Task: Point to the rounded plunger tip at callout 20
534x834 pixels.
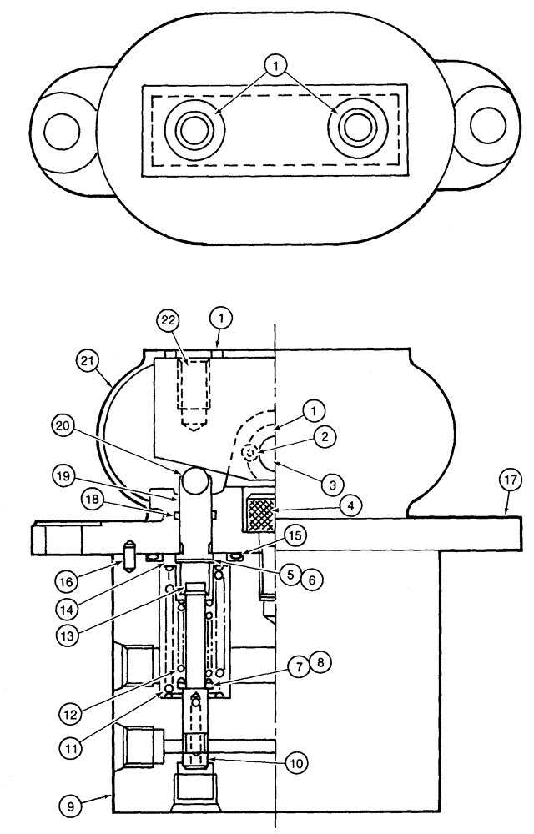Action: (x=200, y=481)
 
